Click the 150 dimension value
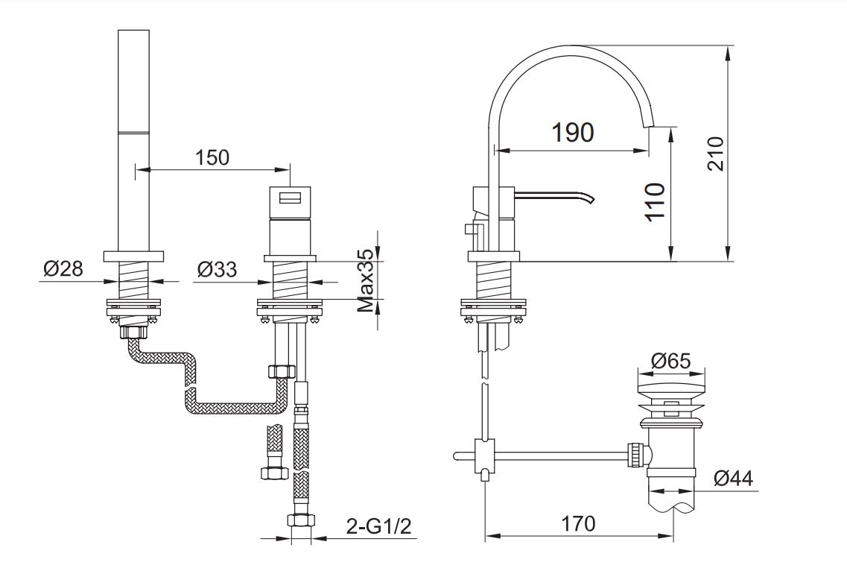(x=212, y=157)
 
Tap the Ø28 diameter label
(x=63, y=268)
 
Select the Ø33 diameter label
(x=218, y=268)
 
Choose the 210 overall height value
(x=715, y=153)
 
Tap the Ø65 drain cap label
(x=670, y=361)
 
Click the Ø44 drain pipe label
(x=733, y=478)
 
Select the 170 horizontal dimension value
(x=580, y=523)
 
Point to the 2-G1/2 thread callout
(x=379, y=527)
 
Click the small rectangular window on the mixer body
(x=290, y=198)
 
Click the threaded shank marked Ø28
(x=135, y=280)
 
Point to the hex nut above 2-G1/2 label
(x=300, y=520)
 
